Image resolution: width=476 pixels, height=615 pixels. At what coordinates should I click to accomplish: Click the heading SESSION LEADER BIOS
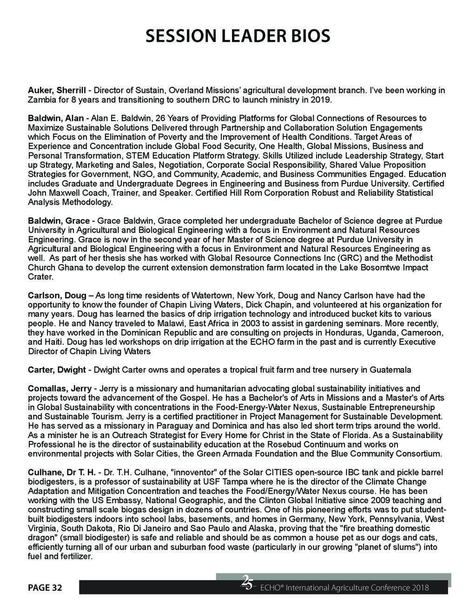pyautogui.click(x=238, y=36)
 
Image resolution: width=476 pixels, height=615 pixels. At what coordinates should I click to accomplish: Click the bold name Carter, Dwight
pyautogui.click(x=57, y=370)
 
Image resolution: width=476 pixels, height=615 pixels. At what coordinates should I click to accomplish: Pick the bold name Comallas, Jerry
pyautogui.click(x=59, y=388)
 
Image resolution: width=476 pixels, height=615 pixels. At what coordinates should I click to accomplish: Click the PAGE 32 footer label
pyautogui.click(x=45, y=588)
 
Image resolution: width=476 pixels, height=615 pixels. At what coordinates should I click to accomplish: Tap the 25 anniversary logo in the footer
pyautogui.click(x=247, y=583)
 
